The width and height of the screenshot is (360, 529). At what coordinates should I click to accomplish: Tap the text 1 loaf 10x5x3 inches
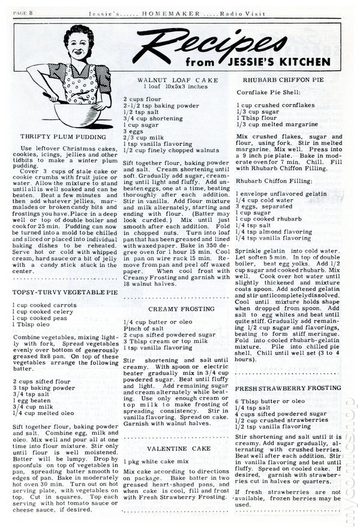pyautogui.click(x=173, y=87)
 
